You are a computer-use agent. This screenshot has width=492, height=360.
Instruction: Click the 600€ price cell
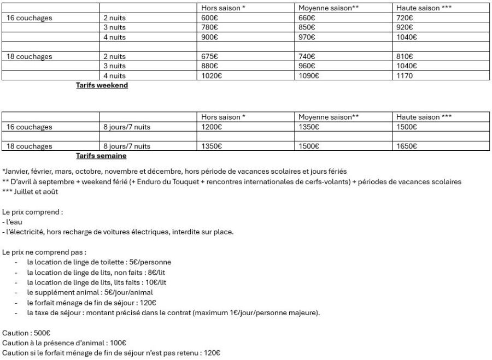point(209,18)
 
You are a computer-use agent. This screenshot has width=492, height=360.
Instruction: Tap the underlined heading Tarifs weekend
point(102,85)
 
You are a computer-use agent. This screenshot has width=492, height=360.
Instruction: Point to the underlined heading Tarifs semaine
point(101,156)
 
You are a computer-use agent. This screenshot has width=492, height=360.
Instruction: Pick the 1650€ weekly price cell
point(407,146)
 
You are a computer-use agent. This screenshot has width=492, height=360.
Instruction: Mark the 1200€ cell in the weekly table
point(212,127)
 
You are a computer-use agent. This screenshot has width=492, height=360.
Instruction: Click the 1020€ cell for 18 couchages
point(212,76)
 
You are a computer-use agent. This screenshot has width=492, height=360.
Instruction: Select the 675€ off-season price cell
point(209,56)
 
